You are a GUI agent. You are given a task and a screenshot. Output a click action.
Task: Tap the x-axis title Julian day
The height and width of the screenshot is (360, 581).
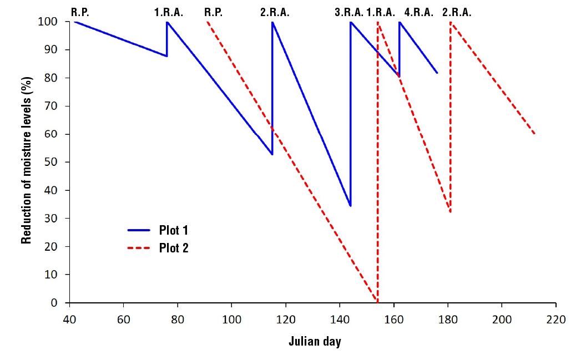coord(315,341)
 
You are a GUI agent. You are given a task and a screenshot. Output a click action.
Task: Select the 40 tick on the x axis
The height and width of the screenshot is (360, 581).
coord(69,320)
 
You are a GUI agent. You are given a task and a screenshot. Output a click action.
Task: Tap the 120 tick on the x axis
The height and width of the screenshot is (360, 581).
coord(285,320)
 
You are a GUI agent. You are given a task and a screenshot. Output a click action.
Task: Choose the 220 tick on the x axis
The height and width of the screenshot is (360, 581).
coord(555,320)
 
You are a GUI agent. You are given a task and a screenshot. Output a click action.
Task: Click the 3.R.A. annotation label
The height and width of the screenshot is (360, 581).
coord(349,12)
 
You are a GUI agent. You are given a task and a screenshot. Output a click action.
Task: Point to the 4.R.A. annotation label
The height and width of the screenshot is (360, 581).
coord(419,12)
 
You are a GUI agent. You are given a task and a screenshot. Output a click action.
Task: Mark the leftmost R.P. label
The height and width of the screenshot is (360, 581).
coord(80,12)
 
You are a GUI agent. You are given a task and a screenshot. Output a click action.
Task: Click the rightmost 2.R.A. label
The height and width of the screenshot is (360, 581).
coord(457,12)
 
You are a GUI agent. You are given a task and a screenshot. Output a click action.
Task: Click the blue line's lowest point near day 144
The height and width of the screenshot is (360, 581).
coord(350,206)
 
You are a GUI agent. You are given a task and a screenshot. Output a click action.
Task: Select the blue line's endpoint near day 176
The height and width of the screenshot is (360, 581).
coord(437,73)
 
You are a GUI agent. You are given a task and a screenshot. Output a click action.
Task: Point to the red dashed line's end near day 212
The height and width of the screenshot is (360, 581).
coord(534,134)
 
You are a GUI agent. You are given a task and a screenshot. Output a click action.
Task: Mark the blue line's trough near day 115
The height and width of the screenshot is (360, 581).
coord(272,154)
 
